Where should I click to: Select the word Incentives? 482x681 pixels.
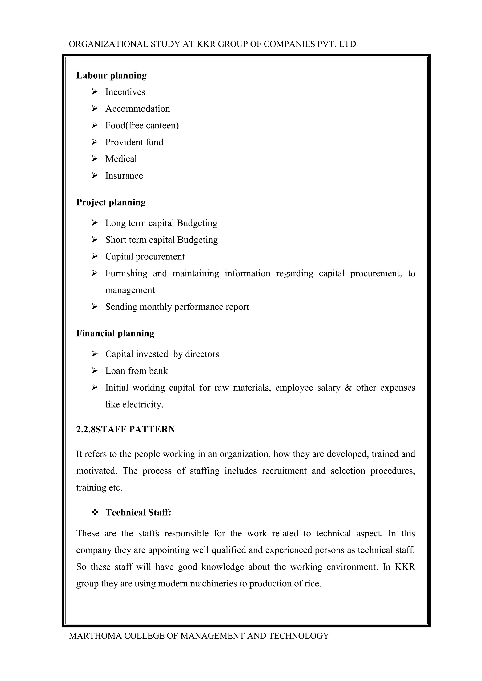[x=125, y=92]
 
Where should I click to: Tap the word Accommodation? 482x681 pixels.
[x=137, y=109]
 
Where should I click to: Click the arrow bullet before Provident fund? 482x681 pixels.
[x=94, y=142]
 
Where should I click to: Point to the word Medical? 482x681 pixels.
[x=121, y=159]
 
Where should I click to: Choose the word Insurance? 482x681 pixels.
[x=124, y=176]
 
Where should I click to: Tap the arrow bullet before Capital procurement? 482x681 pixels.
[x=94, y=256]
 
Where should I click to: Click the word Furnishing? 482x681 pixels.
[x=126, y=273]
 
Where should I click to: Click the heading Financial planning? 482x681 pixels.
[x=115, y=333]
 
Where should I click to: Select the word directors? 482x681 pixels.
[x=202, y=354]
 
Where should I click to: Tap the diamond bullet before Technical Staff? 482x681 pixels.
[x=95, y=513]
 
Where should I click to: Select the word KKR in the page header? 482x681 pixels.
[x=206, y=44]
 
